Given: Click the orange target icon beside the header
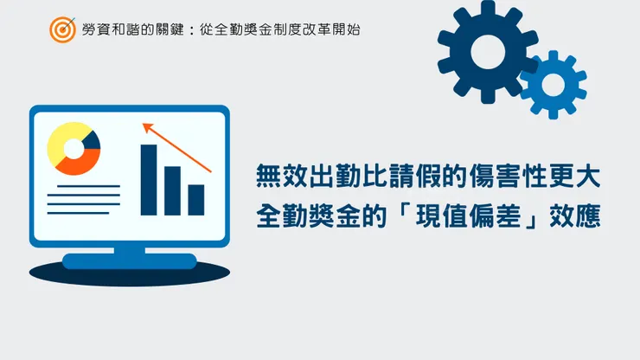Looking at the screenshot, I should [62, 29].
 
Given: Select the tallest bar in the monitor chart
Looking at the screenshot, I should [149, 179].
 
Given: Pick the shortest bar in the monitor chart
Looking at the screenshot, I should [196, 199].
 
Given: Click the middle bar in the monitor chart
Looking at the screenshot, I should [173, 190].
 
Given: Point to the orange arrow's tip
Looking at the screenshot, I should [144, 125].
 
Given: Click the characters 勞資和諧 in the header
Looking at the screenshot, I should [108, 29].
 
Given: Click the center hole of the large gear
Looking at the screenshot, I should [482, 52].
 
